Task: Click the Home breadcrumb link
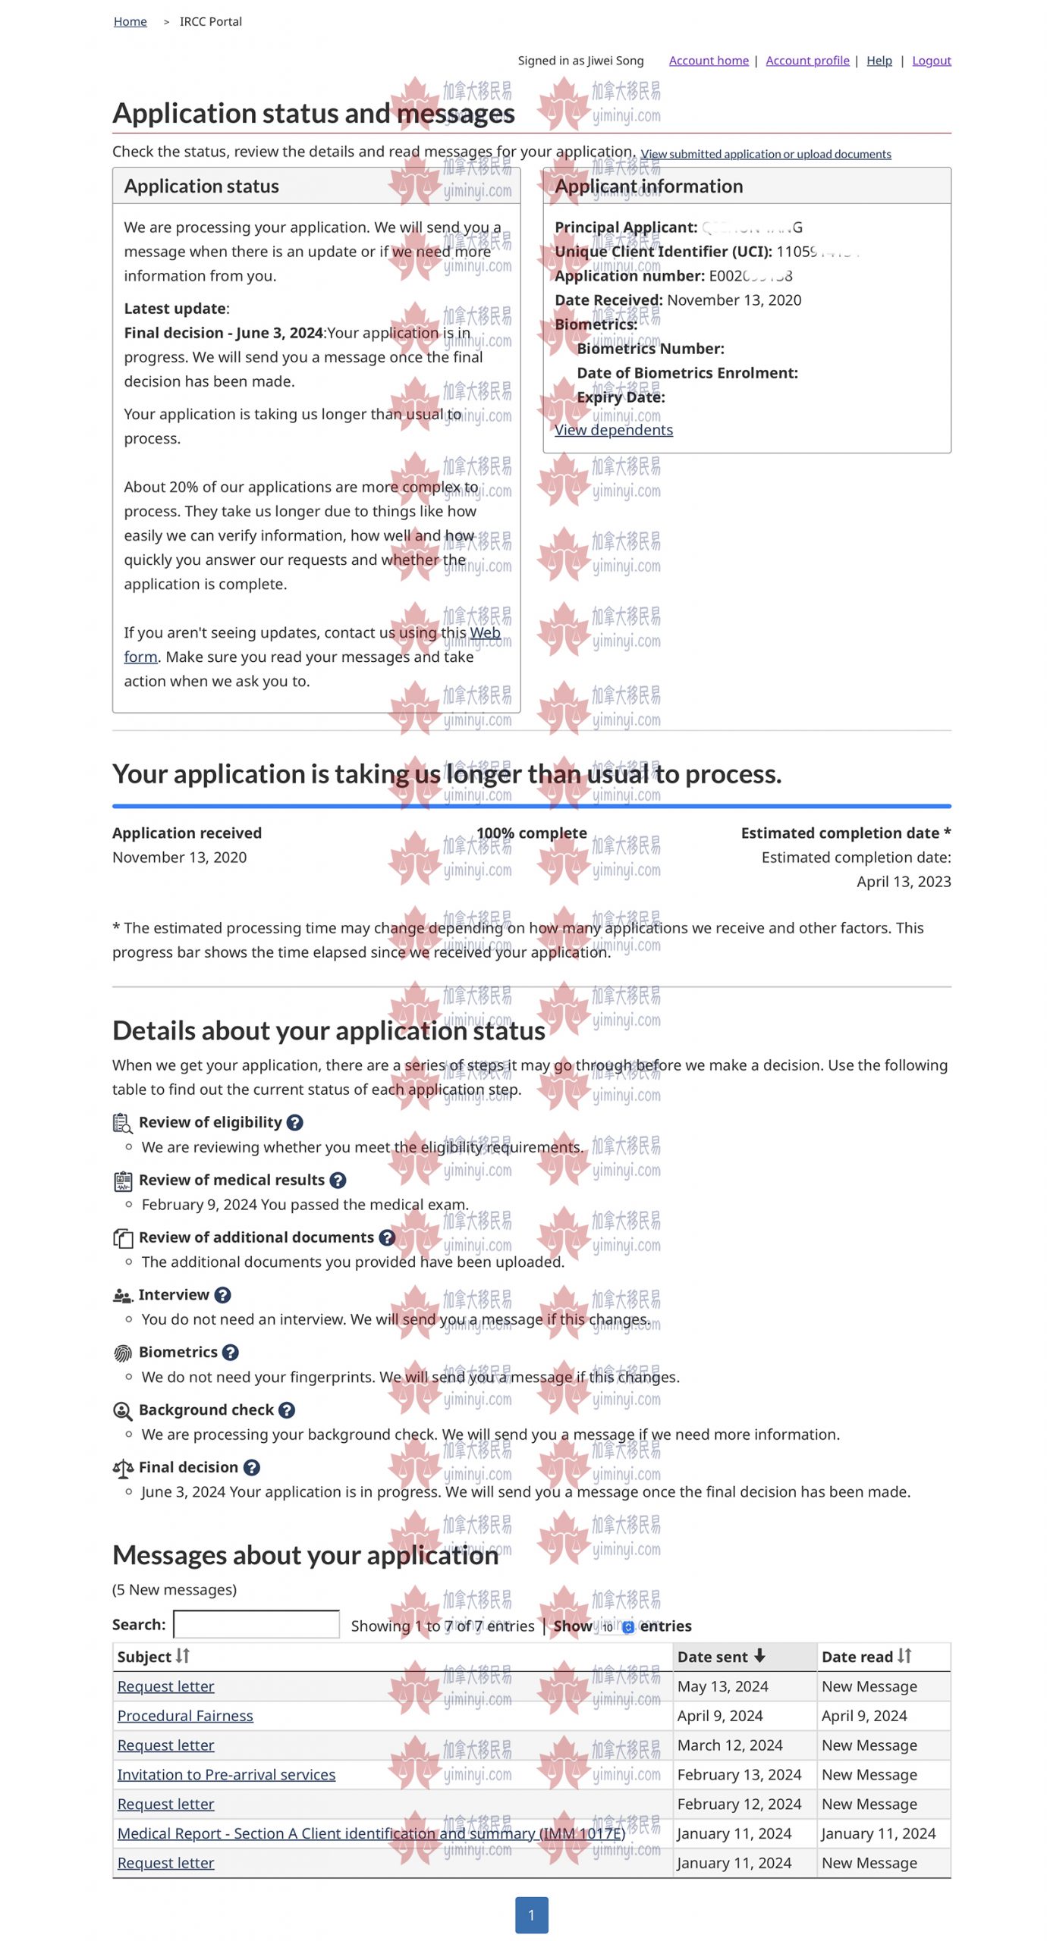click(x=130, y=21)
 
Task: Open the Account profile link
click(x=806, y=61)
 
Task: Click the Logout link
click(x=930, y=61)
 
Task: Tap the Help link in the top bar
click(x=879, y=61)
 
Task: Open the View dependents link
click(x=613, y=430)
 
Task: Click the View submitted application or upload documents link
click(x=765, y=154)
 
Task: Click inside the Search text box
click(x=256, y=1624)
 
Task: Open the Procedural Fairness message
click(x=185, y=1715)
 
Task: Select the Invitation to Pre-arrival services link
click(x=226, y=1774)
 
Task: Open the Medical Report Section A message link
click(x=371, y=1833)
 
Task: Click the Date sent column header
click(x=721, y=1656)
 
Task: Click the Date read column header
click(x=865, y=1656)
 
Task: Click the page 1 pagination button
click(x=531, y=1914)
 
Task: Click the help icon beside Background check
click(x=286, y=1409)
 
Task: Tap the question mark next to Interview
click(x=222, y=1294)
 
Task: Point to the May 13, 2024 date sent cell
click(x=722, y=1685)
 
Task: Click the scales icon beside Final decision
click(x=123, y=1468)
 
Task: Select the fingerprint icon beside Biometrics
click(x=122, y=1353)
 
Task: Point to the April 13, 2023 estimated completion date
click(x=903, y=881)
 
